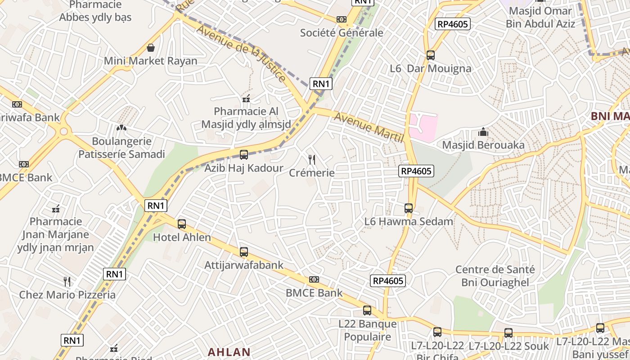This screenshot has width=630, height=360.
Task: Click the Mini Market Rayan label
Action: pyautogui.click(x=150, y=61)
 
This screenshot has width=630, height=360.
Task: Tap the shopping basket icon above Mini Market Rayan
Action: pyautogui.click(x=150, y=47)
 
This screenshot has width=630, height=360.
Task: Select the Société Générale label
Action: pyautogui.click(x=342, y=33)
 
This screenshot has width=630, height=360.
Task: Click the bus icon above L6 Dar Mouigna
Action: pyautogui.click(x=431, y=55)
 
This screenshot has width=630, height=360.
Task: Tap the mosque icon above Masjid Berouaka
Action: pyautogui.click(x=483, y=132)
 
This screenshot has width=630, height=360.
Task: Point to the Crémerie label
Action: pyautogui.click(x=312, y=173)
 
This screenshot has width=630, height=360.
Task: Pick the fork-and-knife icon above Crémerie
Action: pyautogui.click(x=311, y=159)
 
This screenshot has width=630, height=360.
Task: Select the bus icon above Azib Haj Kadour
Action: pyautogui.click(x=244, y=155)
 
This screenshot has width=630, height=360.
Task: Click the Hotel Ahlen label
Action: pyautogui.click(x=182, y=237)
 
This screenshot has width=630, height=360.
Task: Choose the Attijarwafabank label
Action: pyautogui.click(x=244, y=265)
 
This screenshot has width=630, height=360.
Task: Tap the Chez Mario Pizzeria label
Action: pyautogui.click(x=67, y=295)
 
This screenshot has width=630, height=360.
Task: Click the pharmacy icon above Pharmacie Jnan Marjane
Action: pyautogui.click(x=56, y=209)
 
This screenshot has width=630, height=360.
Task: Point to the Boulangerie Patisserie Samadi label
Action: pyautogui.click(x=121, y=148)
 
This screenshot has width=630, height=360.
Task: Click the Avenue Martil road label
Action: pyautogui.click(x=369, y=128)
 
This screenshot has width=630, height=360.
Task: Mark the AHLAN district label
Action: pyautogui.click(x=229, y=352)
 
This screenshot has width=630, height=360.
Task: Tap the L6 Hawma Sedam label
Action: pyautogui.click(x=409, y=221)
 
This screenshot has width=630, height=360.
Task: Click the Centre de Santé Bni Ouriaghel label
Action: pyautogui.click(x=495, y=276)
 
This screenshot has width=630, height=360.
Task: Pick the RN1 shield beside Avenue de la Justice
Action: pyautogui.click(x=321, y=83)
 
